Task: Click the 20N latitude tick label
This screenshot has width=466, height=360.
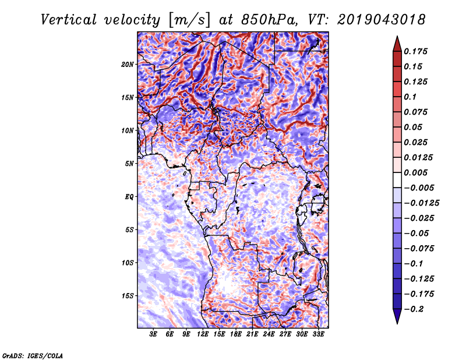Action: pyautogui.click(x=128, y=64)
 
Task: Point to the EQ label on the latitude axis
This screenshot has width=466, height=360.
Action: pyautogui.click(x=129, y=196)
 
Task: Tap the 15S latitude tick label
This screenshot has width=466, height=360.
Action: pyautogui.click(x=128, y=295)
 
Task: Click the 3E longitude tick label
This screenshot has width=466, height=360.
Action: pyautogui.click(x=154, y=334)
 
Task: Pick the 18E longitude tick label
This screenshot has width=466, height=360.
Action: pyautogui.click(x=236, y=334)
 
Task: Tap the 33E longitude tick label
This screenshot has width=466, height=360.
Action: pyautogui.click(x=319, y=334)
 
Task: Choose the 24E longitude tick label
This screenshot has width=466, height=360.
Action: pyautogui.click(x=269, y=334)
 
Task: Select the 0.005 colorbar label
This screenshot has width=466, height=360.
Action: pyautogui.click(x=418, y=172)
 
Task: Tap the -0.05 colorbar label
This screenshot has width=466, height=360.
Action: pyautogui.click(x=415, y=233)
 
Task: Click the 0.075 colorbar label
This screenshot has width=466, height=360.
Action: pyautogui.click(x=418, y=112)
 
